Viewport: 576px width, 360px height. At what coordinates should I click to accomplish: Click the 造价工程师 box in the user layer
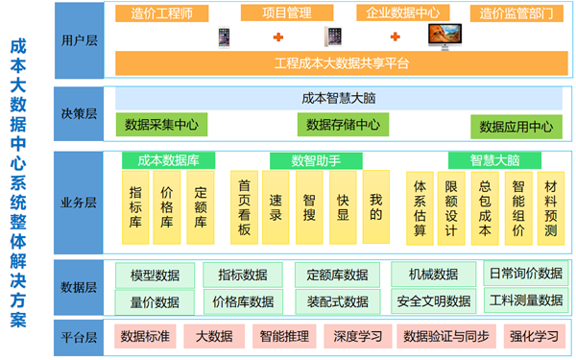[x=155, y=13]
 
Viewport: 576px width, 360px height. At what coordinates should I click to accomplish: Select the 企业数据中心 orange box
[x=404, y=13]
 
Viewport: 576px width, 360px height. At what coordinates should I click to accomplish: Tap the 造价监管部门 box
[x=516, y=13]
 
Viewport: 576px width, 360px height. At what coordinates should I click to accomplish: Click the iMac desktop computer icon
[x=444, y=37]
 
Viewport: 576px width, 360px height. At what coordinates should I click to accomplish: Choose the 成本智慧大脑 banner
[x=339, y=98]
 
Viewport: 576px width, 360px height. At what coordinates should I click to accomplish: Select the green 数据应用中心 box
[x=516, y=127]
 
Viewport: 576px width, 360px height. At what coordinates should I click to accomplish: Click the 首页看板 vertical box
[x=244, y=207]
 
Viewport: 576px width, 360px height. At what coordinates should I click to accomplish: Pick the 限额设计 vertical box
[x=451, y=207]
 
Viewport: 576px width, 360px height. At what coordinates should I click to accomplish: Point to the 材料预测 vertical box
[x=550, y=207]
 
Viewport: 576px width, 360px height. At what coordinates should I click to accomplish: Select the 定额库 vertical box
[x=201, y=207]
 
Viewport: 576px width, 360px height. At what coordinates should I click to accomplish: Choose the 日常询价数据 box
[x=524, y=274]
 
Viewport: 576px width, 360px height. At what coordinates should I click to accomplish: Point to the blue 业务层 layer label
[x=78, y=203]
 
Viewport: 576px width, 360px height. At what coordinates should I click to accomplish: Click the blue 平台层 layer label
[x=78, y=336]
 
